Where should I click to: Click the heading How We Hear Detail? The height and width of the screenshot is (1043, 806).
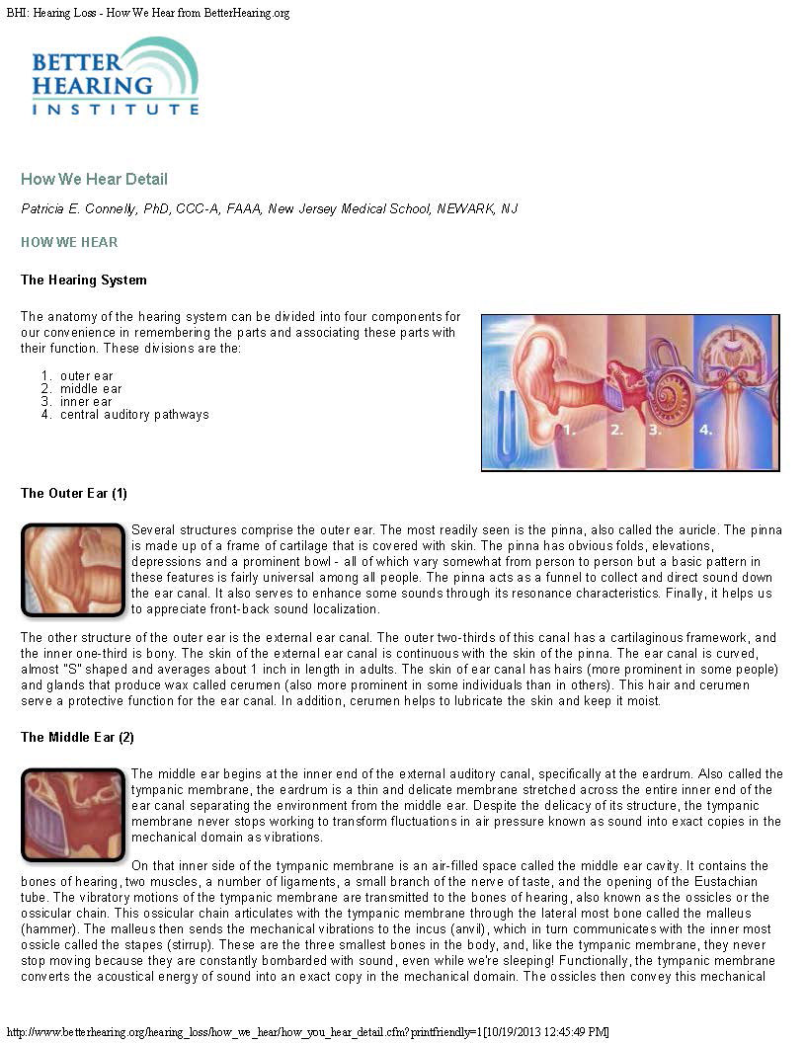point(94,179)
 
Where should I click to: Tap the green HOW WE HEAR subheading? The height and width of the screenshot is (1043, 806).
point(69,242)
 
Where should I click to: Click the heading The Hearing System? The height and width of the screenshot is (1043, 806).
point(84,280)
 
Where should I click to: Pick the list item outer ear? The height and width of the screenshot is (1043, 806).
point(87,376)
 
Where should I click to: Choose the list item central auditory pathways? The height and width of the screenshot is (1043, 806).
point(134,415)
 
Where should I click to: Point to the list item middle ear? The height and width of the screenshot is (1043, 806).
point(92,389)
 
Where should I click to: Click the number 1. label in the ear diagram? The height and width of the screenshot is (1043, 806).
point(569,431)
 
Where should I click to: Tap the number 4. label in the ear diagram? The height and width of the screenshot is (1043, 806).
point(705,431)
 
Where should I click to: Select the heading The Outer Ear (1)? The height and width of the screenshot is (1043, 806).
point(74,493)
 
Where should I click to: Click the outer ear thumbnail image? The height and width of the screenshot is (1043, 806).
point(73,570)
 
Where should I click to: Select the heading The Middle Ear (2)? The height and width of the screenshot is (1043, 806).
point(77,737)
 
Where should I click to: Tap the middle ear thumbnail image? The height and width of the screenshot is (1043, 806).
point(73,814)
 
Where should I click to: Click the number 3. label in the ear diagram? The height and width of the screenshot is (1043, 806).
point(655,431)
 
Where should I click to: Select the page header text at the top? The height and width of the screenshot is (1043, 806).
point(148,13)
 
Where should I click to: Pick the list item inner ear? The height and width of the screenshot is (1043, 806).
point(87,402)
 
